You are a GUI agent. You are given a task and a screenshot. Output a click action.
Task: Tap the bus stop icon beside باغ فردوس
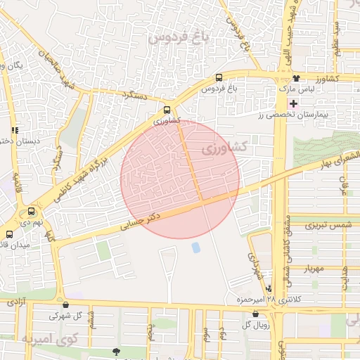(219, 78)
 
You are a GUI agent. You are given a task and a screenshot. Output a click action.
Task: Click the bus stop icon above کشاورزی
(167, 110)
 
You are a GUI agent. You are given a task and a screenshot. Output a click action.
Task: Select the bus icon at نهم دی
(31, 211)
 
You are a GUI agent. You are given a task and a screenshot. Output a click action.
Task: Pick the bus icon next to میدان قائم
(9, 234)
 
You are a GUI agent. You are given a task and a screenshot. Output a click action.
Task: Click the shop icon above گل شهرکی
(65, 305)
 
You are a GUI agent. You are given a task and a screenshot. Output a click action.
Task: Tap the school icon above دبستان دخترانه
(15, 130)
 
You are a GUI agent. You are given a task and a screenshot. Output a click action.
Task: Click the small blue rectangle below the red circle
(195, 247)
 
